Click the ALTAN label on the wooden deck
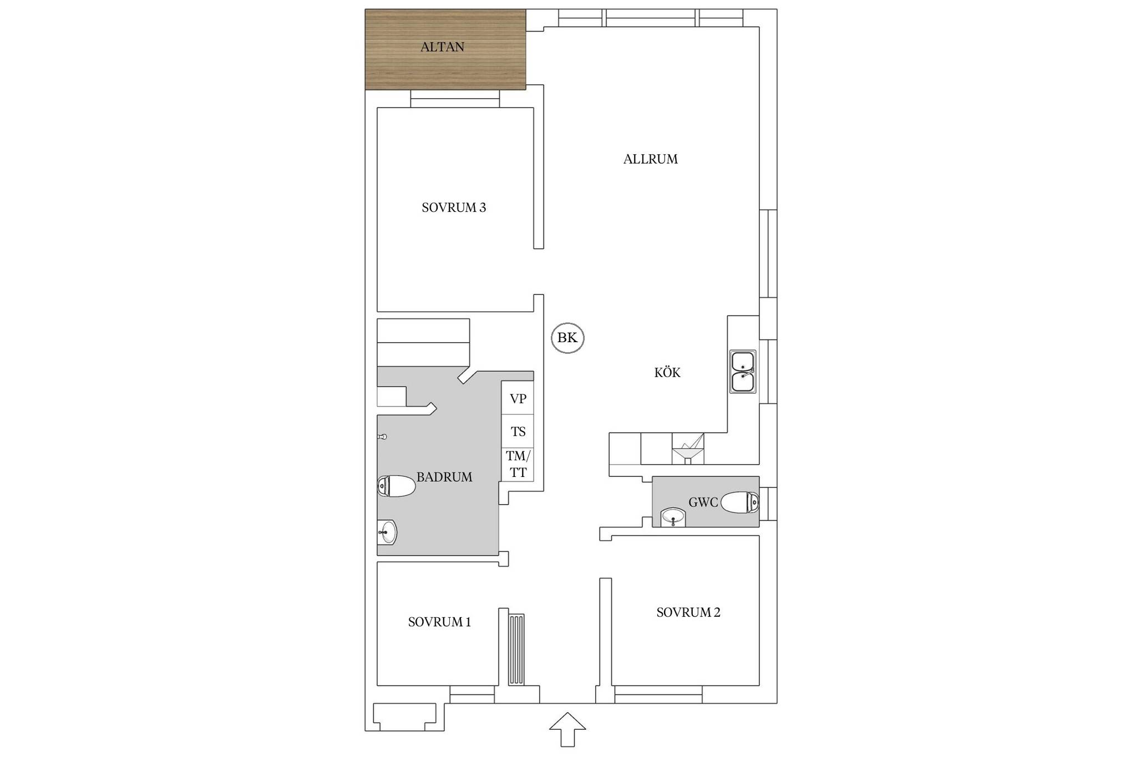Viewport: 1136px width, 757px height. (442, 47)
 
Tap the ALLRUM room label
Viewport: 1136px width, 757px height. (650, 159)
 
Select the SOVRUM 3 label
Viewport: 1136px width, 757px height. (454, 207)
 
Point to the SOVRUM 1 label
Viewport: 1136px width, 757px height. (439, 622)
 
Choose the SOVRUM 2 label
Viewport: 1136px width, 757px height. (688, 612)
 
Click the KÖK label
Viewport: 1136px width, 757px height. (667, 372)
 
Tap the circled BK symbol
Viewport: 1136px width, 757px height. (567, 338)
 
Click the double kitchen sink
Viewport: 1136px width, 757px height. (743, 372)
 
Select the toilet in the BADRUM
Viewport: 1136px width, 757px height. (396, 486)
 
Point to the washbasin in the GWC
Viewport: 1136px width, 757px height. (673, 518)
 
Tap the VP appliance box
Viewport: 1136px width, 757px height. (518, 398)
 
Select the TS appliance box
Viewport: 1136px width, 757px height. (518, 431)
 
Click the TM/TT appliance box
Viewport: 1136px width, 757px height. (518, 464)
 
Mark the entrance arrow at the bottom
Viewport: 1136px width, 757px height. (567, 729)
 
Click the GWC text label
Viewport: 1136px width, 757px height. (703, 502)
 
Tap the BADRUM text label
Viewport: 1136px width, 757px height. (444, 477)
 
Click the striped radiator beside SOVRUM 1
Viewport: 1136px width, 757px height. (516, 649)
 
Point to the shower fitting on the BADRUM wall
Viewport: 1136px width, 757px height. (382, 437)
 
